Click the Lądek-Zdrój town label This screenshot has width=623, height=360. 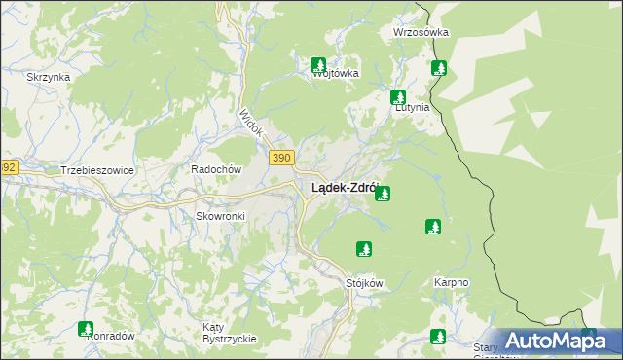click(x=344, y=188)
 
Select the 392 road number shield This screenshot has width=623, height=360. click(x=7, y=167)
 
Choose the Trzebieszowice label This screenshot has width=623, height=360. click(x=96, y=169)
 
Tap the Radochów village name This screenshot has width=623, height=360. click(x=215, y=168)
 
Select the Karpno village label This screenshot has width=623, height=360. click(x=451, y=283)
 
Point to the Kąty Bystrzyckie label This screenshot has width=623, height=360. click(x=229, y=332)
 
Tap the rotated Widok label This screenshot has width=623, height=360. click(x=251, y=121)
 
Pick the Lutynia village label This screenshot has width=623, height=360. click(x=411, y=108)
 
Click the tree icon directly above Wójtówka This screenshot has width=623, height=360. click(x=318, y=65)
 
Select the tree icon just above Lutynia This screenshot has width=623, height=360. click(x=398, y=96)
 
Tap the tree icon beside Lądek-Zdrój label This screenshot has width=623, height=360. click(x=384, y=194)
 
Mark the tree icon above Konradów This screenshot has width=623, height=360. click(x=86, y=329)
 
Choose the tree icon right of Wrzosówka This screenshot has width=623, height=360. click(x=439, y=67)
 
